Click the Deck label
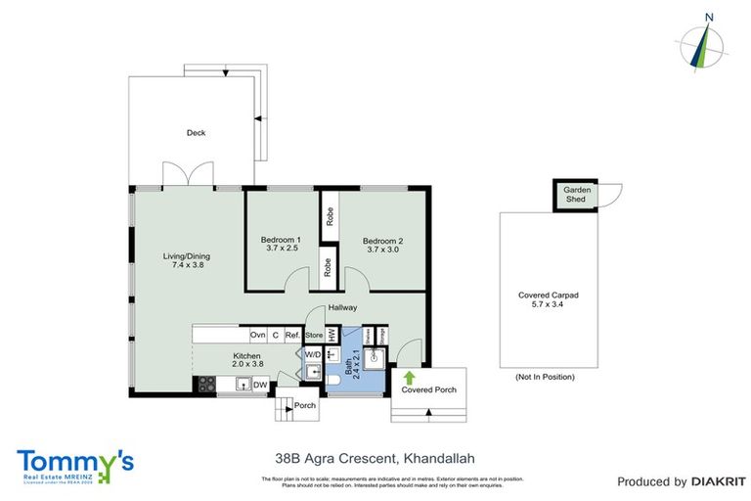pyautogui.click(x=197, y=133)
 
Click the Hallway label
pyautogui.click(x=342, y=307)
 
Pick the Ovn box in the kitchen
pyautogui.click(x=258, y=335)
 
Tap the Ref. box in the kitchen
pyautogui.click(x=292, y=335)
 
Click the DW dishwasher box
pyautogui.click(x=260, y=386)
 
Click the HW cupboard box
pyautogui.click(x=332, y=335)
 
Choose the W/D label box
pyautogui.click(x=313, y=354)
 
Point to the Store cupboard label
pyautogui.click(x=313, y=335)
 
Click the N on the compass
pyautogui.click(x=709, y=17)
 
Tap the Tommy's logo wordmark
pyautogui.click(x=75, y=461)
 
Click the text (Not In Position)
pyautogui.click(x=545, y=377)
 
